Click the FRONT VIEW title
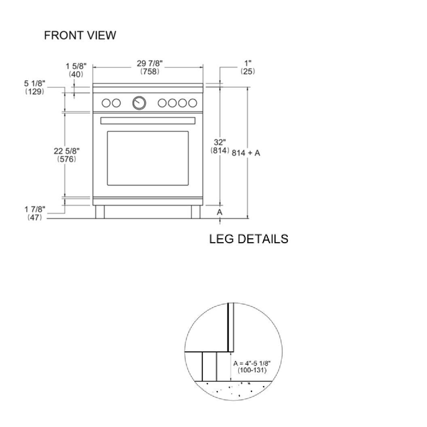[80, 36]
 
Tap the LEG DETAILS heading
[249, 239]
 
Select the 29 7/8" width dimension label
[150, 63]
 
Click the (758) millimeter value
[150, 71]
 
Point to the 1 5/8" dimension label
[76, 66]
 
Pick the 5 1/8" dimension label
[35, 84]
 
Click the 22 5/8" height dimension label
[67, 151]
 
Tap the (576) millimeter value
[67, 159]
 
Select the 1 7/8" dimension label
[35, 209]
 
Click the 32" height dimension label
[220, 142]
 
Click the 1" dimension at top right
[247, 63]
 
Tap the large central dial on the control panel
[139, 103]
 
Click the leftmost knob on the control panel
[106, 103]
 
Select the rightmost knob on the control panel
[192, 103]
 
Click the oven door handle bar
[148, 120]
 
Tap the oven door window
[148, 158]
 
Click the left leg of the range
[100, 212]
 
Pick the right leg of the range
[196, 212]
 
